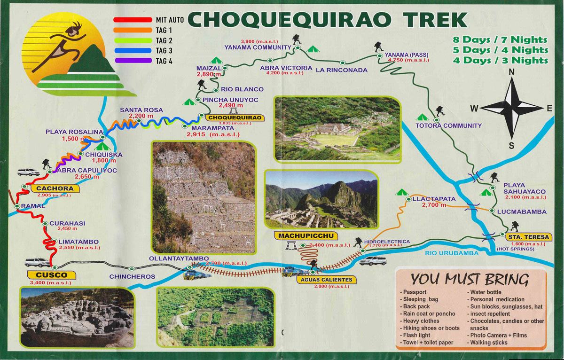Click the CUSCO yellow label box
tap(55, 274)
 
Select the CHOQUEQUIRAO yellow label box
tap(232, 117)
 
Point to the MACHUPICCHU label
tap(299, 235)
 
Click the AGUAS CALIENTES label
tap(324, 280)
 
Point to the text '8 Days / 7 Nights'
tap(500, 40)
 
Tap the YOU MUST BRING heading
tap(470, 280)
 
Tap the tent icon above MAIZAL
tap(216, 60)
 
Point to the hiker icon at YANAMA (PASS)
tap(377, 47)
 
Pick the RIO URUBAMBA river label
tap(451, 253)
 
